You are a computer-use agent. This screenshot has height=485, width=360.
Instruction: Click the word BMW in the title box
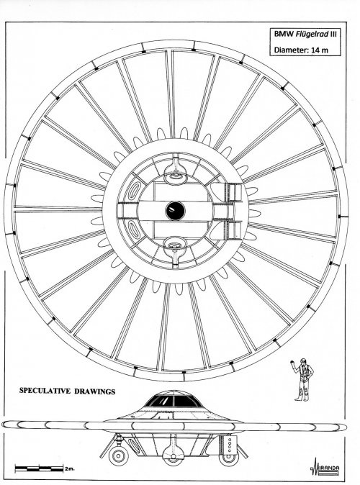coord(284,34)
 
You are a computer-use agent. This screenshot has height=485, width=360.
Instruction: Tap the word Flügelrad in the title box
coord(312,34)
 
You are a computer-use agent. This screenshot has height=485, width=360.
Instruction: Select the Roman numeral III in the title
coord(333,34)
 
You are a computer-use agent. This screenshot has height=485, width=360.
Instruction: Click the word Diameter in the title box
coord(292,50)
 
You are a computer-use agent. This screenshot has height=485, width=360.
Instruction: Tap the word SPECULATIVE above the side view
coord(45,391)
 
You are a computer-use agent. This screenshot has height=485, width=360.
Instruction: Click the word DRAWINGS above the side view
coord(95,391)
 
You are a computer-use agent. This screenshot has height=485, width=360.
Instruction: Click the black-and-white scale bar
coord(39,468)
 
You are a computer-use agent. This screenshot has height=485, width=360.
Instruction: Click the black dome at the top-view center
coord(175,211)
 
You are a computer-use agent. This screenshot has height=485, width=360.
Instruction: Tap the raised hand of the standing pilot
coord(293,363)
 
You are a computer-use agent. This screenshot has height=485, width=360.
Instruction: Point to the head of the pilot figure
coord(304,361)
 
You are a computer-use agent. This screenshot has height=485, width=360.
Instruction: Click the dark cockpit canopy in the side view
coord(173,401)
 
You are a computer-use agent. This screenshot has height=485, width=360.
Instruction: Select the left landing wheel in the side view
coord(119,455)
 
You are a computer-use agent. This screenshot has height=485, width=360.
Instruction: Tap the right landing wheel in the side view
coord(229,458)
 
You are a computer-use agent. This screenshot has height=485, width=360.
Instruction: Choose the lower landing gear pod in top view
coord(175,251)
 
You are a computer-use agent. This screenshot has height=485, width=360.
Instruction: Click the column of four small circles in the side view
coord(230,445)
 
